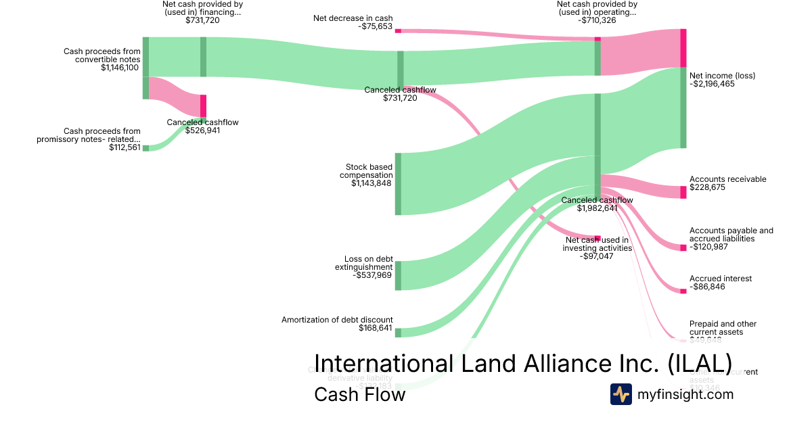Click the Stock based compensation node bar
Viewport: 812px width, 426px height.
(398, 184)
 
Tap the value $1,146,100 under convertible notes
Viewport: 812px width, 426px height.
(120, 68)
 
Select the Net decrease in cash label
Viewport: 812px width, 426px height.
(353, 18)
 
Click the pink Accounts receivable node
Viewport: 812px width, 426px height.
(683, 193)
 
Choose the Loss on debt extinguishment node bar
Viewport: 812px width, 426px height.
(398, 275)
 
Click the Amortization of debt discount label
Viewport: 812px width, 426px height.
(337, 320)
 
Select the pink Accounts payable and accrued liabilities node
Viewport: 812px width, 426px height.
(683, 247)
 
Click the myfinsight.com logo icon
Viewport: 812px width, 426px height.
(621, 394)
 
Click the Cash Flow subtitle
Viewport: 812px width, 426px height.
(359, 395)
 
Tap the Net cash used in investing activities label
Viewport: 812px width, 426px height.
(597, 243)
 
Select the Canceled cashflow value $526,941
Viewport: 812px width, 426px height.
(202, 131)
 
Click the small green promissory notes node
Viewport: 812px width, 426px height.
(145, 148)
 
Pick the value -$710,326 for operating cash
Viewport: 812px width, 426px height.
(597, 20)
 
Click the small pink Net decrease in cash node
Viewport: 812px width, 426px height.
(398, 30)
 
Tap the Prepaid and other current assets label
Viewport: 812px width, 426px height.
(723, 328)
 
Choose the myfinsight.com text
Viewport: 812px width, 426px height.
(685, 394)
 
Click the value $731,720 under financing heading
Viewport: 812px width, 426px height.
(202, 20)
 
